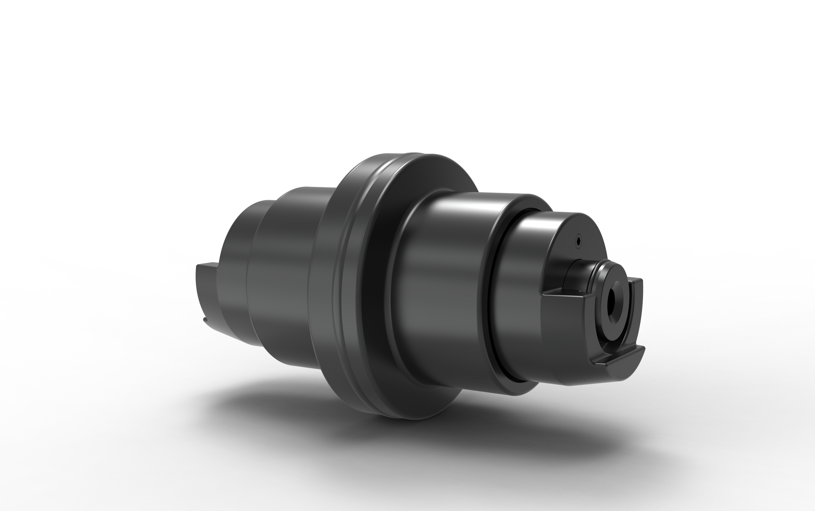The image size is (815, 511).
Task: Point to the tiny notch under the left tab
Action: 205,319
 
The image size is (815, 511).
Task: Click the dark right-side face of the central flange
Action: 378,287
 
